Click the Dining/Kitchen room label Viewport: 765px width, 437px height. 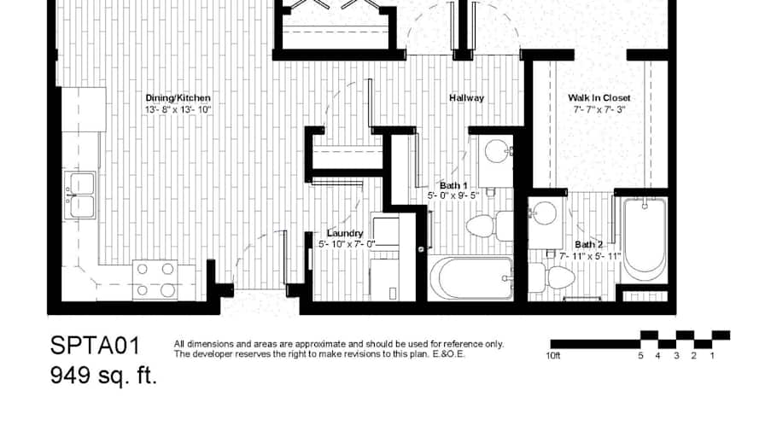pos(178,98)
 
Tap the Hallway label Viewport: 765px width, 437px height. pos(466,98)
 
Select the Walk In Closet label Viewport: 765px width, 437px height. pos(599,98)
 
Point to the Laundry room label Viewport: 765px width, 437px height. pos(345,233)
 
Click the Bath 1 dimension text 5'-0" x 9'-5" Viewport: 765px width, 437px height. pos(453,195)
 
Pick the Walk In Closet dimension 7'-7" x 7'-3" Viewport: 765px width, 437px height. pos(599,110)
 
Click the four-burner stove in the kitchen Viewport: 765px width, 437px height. pos(155,280)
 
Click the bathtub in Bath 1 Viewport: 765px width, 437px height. pos(470,277)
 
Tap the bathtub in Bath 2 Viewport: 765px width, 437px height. pos(645,239)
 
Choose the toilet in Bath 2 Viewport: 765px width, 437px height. pos(552,277)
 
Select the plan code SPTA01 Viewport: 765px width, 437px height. pos(96,346)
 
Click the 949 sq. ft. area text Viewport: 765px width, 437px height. pos(103,375)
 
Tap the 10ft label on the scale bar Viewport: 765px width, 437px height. pos(553,356)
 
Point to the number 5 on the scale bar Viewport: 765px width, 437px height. pos(640,356)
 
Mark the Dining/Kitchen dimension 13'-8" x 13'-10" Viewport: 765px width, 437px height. pos(178,110)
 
